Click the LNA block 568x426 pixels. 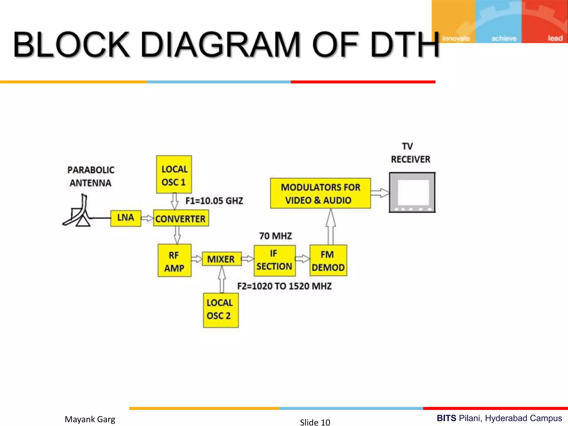coord(126,218)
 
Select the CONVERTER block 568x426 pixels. coord(181,219)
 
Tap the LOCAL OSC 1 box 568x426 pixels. coord(174,174)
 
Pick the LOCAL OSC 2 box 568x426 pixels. coord(221,310)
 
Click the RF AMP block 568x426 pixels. coord(174,260)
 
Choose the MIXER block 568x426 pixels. coord(222,259)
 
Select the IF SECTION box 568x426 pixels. coord(275,260)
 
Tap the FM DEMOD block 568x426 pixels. coord(328,260)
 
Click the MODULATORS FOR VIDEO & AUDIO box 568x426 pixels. coord(320,193)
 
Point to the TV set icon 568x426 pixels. coord(412,192)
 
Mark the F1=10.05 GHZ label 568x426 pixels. coord(214,201)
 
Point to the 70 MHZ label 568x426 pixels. coord(275,236)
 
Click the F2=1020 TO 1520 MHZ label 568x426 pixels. coord(284,286)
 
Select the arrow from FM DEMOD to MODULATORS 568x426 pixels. coord(331,227)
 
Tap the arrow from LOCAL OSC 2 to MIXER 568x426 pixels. coord(222,280)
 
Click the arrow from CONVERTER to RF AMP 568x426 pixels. coord(177,235)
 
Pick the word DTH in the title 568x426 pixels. coord(405,45)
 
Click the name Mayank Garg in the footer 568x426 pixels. coord(90,419)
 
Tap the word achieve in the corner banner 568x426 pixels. coord(504,38)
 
